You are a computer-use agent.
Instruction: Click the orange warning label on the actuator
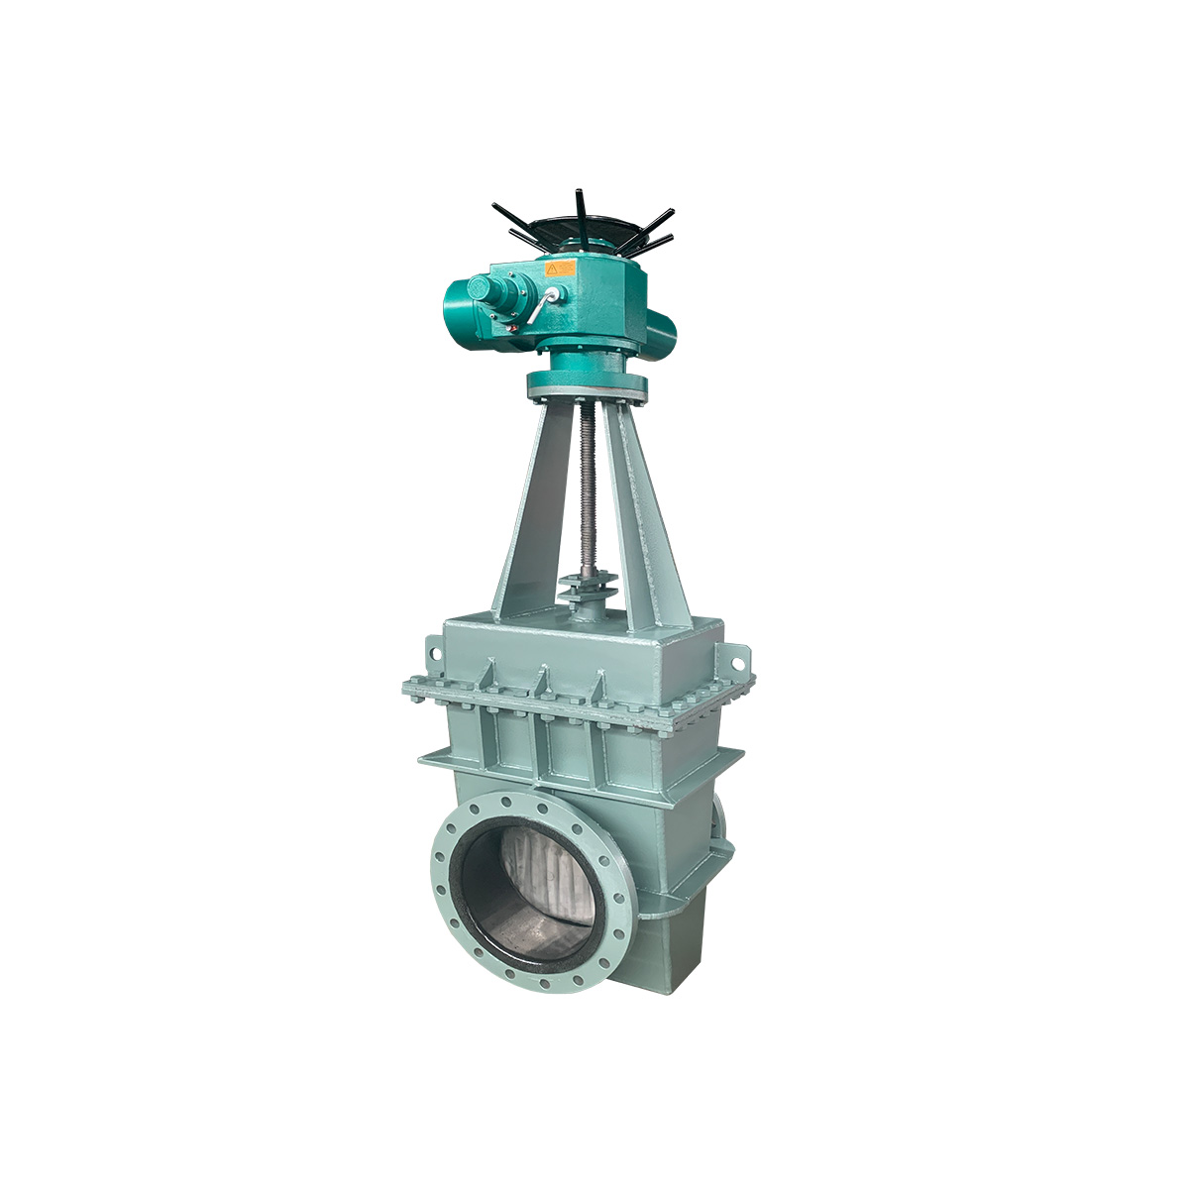click(x=561, y=268)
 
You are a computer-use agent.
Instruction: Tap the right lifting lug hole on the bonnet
click(x=737, y=656)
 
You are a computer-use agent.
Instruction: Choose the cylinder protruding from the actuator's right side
click(x=662, y=326)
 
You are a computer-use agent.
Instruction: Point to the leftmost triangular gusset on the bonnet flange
click(x=486, y=676)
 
